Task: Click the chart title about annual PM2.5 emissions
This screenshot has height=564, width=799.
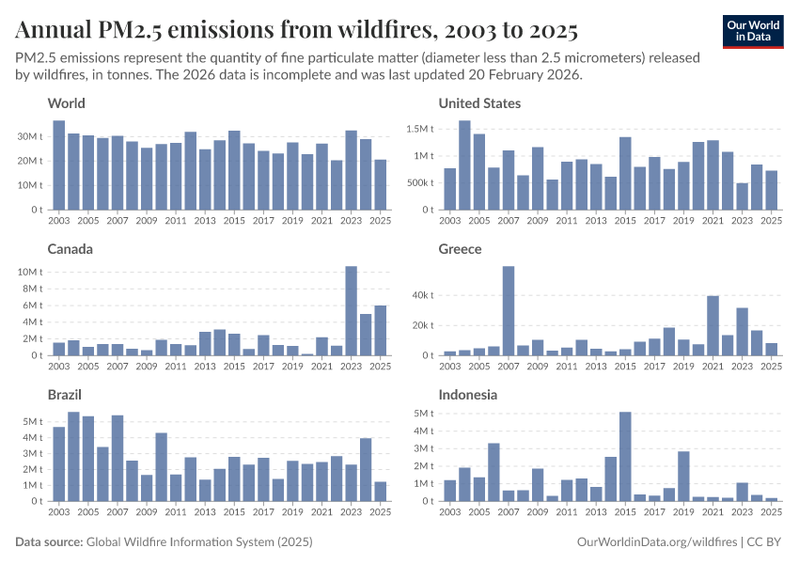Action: click(296, 31)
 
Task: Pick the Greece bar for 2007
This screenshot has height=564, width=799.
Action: click(509, 311)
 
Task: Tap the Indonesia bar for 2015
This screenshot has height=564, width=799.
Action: click(625, 457)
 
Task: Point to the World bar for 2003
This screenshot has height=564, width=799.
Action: click(59, 165)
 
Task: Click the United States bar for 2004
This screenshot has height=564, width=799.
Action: click(464, 165)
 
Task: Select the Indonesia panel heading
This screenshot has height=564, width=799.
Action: click(467, 395)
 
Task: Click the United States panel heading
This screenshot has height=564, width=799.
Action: click(479, 103)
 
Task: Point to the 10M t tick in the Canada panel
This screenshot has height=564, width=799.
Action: click(30, 272)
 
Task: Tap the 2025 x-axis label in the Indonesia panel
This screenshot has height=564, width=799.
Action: click(771, 512)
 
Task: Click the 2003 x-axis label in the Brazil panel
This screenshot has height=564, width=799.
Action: click(59, 512)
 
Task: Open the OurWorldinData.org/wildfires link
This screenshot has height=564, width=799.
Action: click(655, 542)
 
